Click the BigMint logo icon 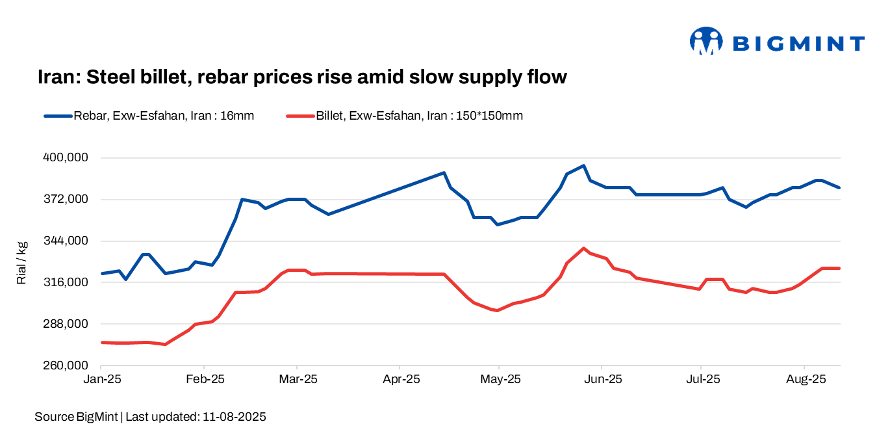point(706,42)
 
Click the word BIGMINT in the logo point(798,44)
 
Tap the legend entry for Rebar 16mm point(149,116)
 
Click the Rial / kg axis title point(22,262)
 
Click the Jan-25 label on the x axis point(102,379)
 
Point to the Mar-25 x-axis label point(297,379)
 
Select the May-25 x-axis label point(499,379)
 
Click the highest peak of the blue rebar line point(583,166)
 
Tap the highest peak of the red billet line point(583,248)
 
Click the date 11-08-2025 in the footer point(233,417)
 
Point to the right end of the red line point(839,268)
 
